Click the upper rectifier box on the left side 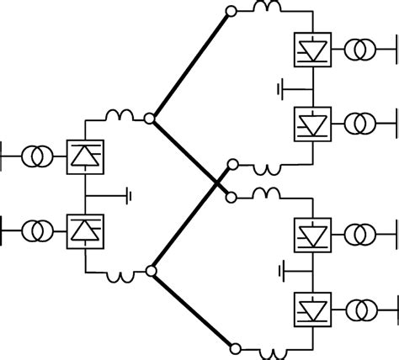coord(84,156)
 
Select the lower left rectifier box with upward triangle coord(84,229)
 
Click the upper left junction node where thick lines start coord(150,119)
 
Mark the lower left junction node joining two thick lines coord(150,271)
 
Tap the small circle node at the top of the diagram coord(232,13)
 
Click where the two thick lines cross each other coord(217,179)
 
